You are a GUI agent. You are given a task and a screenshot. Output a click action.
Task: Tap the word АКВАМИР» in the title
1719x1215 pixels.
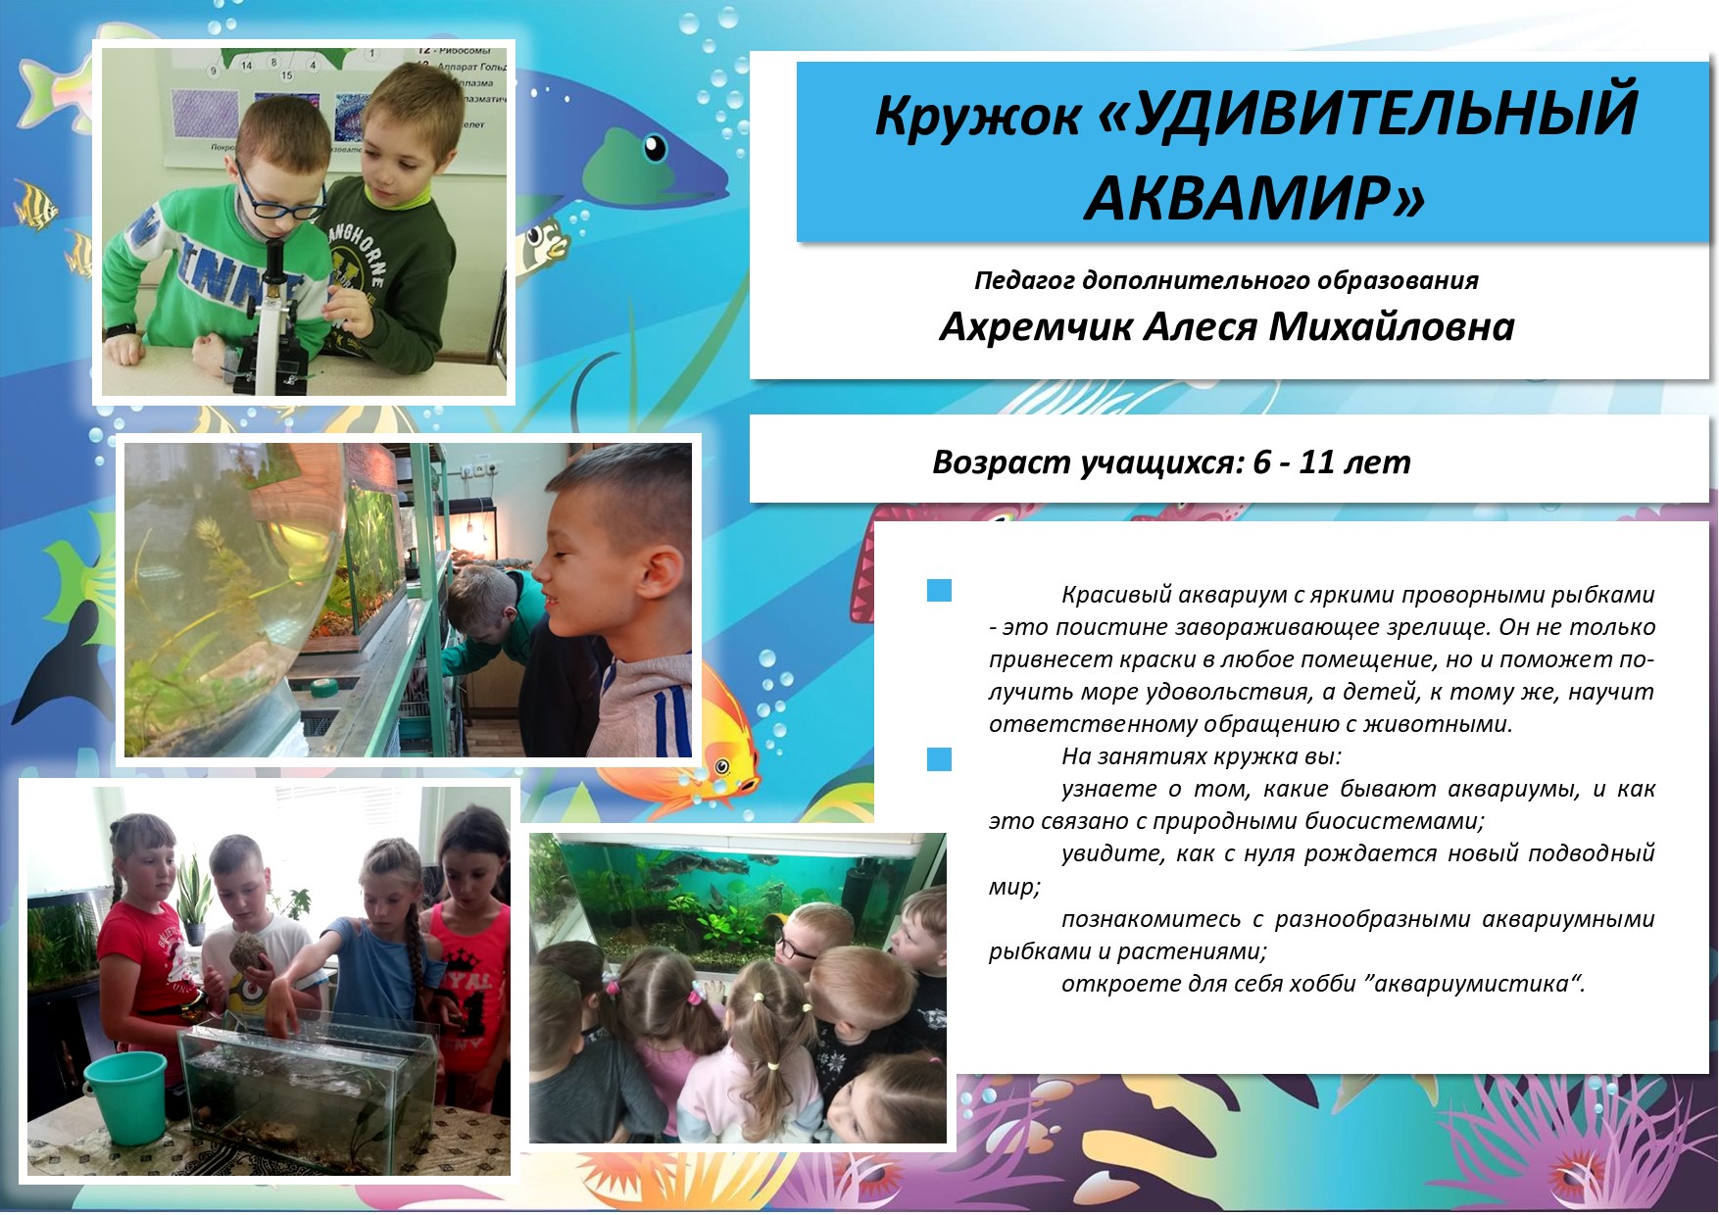click(x=1253, y=197)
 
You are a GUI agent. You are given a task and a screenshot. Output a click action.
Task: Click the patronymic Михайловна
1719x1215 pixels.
click(x=1392, y=326)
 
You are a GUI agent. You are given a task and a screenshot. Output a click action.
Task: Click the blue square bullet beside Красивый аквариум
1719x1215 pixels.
click(x=939, y=590)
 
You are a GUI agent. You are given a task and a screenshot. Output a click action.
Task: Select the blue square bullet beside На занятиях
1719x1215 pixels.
click(x=939, y=758)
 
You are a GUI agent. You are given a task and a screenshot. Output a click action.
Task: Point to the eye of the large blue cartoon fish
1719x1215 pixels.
click(x=655, y=148)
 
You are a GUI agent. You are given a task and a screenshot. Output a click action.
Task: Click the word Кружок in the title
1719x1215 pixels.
click(x=978, y=117)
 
